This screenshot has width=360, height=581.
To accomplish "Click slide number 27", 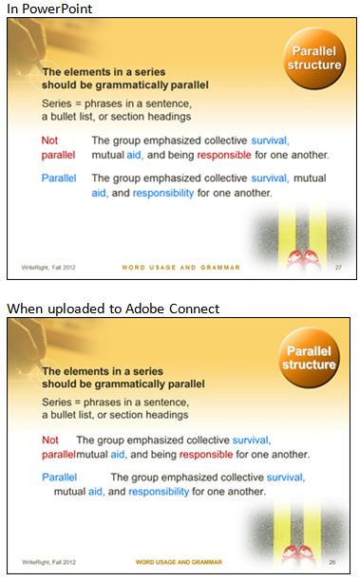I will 337,269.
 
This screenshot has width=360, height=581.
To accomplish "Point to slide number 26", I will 337,562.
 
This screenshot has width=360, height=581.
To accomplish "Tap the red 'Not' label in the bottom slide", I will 50,440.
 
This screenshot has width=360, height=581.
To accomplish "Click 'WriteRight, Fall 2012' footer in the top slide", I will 48,269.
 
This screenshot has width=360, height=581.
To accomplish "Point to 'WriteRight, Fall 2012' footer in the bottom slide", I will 48,562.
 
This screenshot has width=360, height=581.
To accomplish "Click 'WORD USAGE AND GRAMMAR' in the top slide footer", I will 180,269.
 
